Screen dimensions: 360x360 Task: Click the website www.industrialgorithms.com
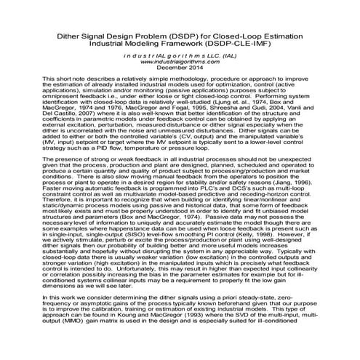[180, 62]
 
